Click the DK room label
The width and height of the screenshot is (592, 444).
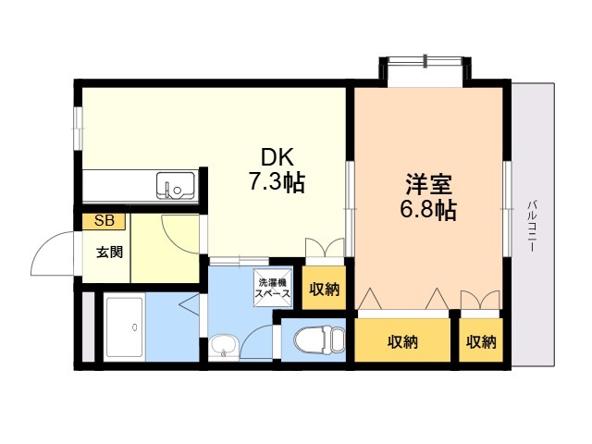pos(277,158)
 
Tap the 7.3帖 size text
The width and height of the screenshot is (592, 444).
pos(277,183)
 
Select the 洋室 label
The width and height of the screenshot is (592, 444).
pos(428,185)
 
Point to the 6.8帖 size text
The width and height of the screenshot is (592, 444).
pos(428,210)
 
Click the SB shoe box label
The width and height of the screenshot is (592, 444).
pos(105,221)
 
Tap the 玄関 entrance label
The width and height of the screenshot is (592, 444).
pos(109,253)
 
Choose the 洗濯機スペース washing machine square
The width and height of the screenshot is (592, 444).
pos(274,288)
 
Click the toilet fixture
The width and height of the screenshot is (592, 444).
pos(319,339)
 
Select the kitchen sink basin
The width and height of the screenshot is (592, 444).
pos(176,185)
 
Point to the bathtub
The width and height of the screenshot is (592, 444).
pos(125,327)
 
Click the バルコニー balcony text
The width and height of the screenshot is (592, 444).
pos(532,227)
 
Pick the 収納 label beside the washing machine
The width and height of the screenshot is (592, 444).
pos(325,290)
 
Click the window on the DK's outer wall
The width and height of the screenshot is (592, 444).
pos(78,128)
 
